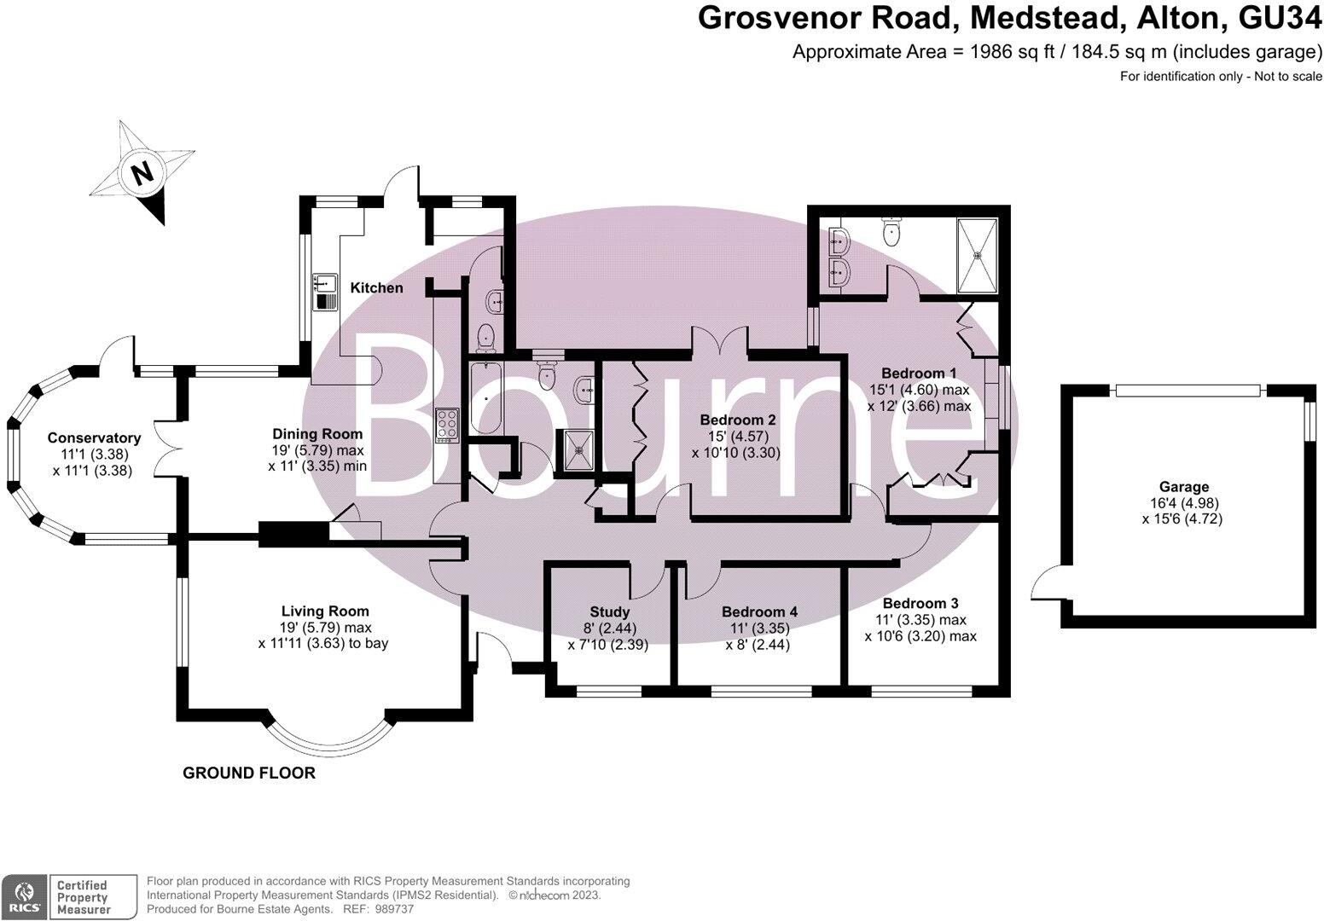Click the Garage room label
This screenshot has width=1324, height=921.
(x=1183, y=487)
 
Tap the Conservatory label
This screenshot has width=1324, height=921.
(x=94, y=438)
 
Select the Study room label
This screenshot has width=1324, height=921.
(x=609, y=611)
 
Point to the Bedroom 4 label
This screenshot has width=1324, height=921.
(x=758, y=611)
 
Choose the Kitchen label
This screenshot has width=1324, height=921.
(x=377, y=287)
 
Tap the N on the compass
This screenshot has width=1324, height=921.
(x=142, y=174)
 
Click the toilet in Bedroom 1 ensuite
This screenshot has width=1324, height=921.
(x=892, y=230)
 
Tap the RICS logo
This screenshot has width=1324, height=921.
(x=23, y=896)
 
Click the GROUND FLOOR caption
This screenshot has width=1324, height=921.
(x=249, y=773)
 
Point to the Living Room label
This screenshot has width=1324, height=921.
(x=325, y=611)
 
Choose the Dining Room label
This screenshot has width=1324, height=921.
(x=317, y=434)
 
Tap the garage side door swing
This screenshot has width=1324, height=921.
(x=1045, y=584)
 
